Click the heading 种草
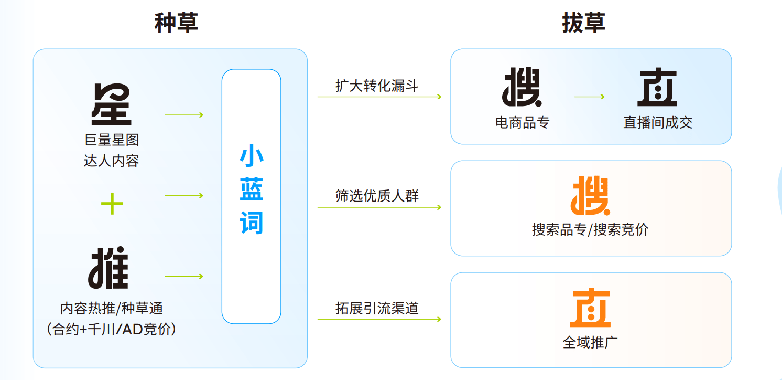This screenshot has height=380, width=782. tap(176, 23)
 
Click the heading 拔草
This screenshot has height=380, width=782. tap(584, 23)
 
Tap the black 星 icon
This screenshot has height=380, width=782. tap(112, 105)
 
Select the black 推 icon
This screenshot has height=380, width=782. tap(108, 268)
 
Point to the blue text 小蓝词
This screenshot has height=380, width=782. tap(252, 191)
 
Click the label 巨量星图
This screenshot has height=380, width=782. tap(112, 140)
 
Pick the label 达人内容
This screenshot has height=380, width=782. tap(112, 161)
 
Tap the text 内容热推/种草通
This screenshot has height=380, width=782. tap(112, 308)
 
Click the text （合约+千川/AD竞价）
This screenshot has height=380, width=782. tap(112, 329)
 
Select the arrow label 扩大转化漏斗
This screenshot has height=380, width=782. tap(377, 86)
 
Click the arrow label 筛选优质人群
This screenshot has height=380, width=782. tap(377, 196)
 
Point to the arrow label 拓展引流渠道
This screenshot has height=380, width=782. tap(377, 308)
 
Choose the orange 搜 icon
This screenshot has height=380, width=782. tap(590, 195)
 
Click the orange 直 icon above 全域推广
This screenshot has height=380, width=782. tap(590, 308)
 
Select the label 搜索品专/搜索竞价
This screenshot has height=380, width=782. tap(590, 230)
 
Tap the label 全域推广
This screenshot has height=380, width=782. tap(590, 342)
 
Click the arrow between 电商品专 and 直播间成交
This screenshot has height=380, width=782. tap(590, 97)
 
